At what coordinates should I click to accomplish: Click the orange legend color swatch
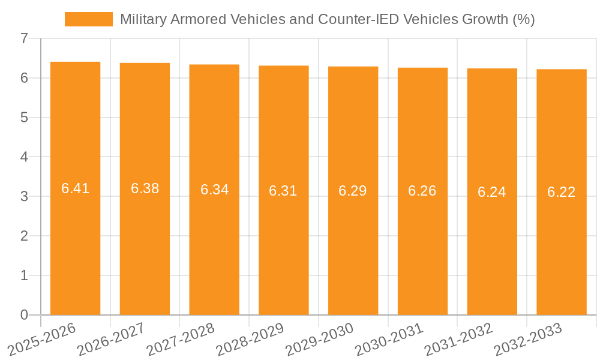click(x=88, y=19)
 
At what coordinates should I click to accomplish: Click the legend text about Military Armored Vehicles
click(x=327, y=19)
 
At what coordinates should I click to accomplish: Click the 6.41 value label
click(x=75, y=188)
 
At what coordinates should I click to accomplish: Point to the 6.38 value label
click(x=145, y=188)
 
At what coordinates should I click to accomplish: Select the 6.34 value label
click(x=214, y=190)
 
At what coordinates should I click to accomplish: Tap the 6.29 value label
click(x=353, y=191)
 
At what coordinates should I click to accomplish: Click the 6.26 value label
click(x=422, y=191)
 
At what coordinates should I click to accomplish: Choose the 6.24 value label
click(x=492, y=192)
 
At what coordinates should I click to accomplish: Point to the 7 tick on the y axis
click(x=24, y=38)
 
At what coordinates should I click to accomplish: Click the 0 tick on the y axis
click(x=24, y=315)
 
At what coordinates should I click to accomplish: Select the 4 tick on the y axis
click(x=24, y=157)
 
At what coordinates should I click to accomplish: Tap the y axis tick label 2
click(x=24, y=236)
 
